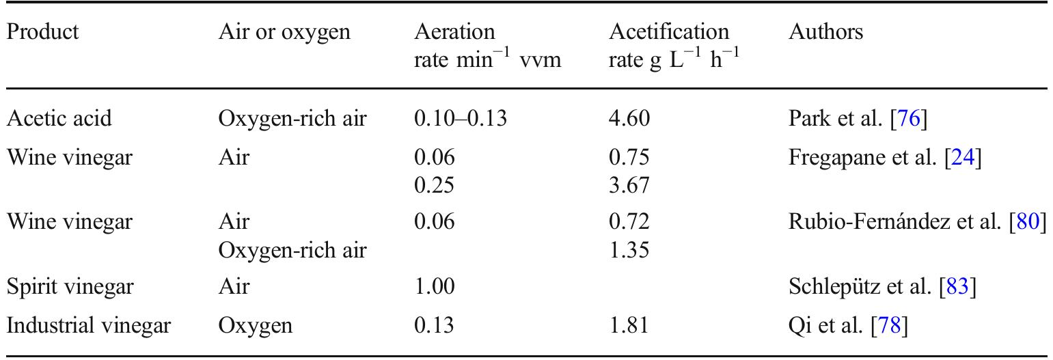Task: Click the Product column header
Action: pos(43,32)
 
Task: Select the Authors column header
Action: pos(826,32)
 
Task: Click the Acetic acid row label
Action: pos(59,118)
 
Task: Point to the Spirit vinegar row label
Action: pos(70,287)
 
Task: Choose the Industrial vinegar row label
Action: pos(88,326)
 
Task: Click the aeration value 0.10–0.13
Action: pos(461,118)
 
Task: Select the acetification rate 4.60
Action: pos(629,118)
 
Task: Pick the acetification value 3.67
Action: pos(629,185)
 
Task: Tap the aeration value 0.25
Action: pos(435,185)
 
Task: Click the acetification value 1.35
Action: pos(629,250)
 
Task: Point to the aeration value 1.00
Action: pos(435,287)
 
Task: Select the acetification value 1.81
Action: pos(629,325)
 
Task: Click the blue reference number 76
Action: pos(909,118)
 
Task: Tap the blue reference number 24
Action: pos(963,157)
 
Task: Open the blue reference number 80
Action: pos(1028,221)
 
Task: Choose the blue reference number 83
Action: pos(957,287)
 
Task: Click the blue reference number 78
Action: pos(890,325)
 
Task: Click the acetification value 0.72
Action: pos(629,221)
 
